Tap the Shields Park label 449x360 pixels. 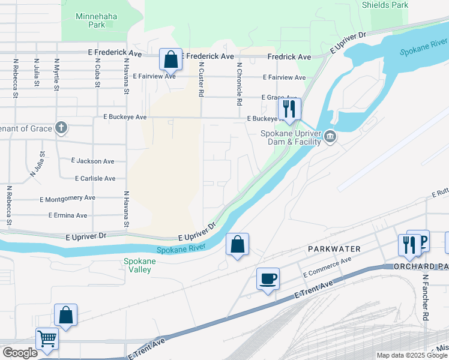pyautogui.click(x=385, y=5)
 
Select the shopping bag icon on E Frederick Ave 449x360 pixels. pyautogui.click(x=170, y=59)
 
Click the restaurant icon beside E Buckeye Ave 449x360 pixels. pyautogui.click(x=290, y=109)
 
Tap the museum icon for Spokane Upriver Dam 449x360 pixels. pyautogui.click(x=330, y=138)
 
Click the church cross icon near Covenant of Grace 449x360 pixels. pyautogui.click(x=61, y=127)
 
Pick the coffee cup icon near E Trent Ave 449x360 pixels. pyautogui.click(x=268, y=279)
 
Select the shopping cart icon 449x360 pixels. pyautogui.click(x=47, y=338)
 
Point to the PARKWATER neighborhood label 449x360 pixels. pyautogui.click(x=334, y=248)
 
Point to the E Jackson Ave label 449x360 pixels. pyautogui.click(x=92, y=161)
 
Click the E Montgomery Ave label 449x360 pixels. pyautogui.click(x=67, y=198)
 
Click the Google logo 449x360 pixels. pyautogui.click(x=20, y=353)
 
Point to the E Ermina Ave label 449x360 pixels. pyautogui.click(x=64, y=215)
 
